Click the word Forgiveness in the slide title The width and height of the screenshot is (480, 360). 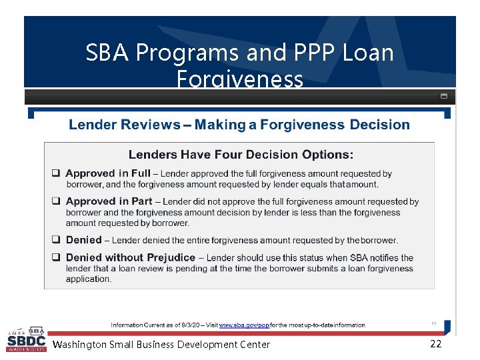point(240,80)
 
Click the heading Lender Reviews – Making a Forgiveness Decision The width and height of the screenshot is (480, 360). point(239,125)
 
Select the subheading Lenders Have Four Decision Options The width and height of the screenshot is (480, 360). point(241,155)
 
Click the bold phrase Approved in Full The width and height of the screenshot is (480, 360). point(108,173)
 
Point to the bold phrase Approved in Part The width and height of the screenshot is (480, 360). point(109,201)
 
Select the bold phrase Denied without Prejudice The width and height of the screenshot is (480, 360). point(131,257)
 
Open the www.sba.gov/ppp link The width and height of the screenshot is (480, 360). point(244,325)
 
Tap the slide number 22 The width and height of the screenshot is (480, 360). point(436,344)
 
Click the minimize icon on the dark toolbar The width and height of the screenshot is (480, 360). point(444,96)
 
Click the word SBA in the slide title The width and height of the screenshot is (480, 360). point(108,53)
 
